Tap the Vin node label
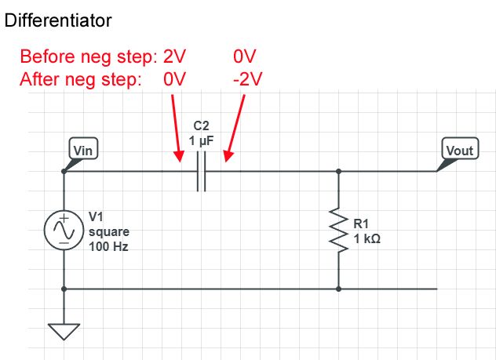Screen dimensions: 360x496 [x=82, y=151]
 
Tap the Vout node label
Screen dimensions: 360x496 [x=460, y=151]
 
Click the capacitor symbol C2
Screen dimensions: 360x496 [x=202, y=171]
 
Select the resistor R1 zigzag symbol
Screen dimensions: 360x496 [x=338, y=230]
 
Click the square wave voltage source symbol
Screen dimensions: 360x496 [x=63, y=230]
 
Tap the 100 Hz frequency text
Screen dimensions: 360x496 [x=108, y=245]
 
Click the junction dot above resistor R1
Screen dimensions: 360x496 [x=338, y=171]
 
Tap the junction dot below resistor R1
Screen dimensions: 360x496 [x=338, y=289]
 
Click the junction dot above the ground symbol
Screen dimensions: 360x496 [x=63, y=289]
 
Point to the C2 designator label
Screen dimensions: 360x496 [x=202, y=125]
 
